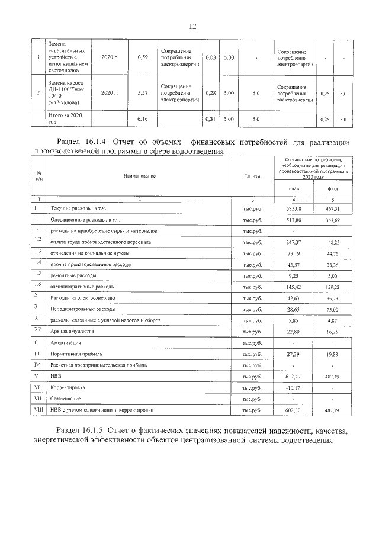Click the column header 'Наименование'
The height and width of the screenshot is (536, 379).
click(140, 176)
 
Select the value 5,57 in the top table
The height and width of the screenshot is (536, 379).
click(142, 93)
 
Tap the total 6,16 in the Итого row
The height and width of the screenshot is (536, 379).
click(142, 119)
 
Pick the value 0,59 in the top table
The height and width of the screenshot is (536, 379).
click(142, 57)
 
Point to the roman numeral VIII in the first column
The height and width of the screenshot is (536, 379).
click(37, 409)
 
